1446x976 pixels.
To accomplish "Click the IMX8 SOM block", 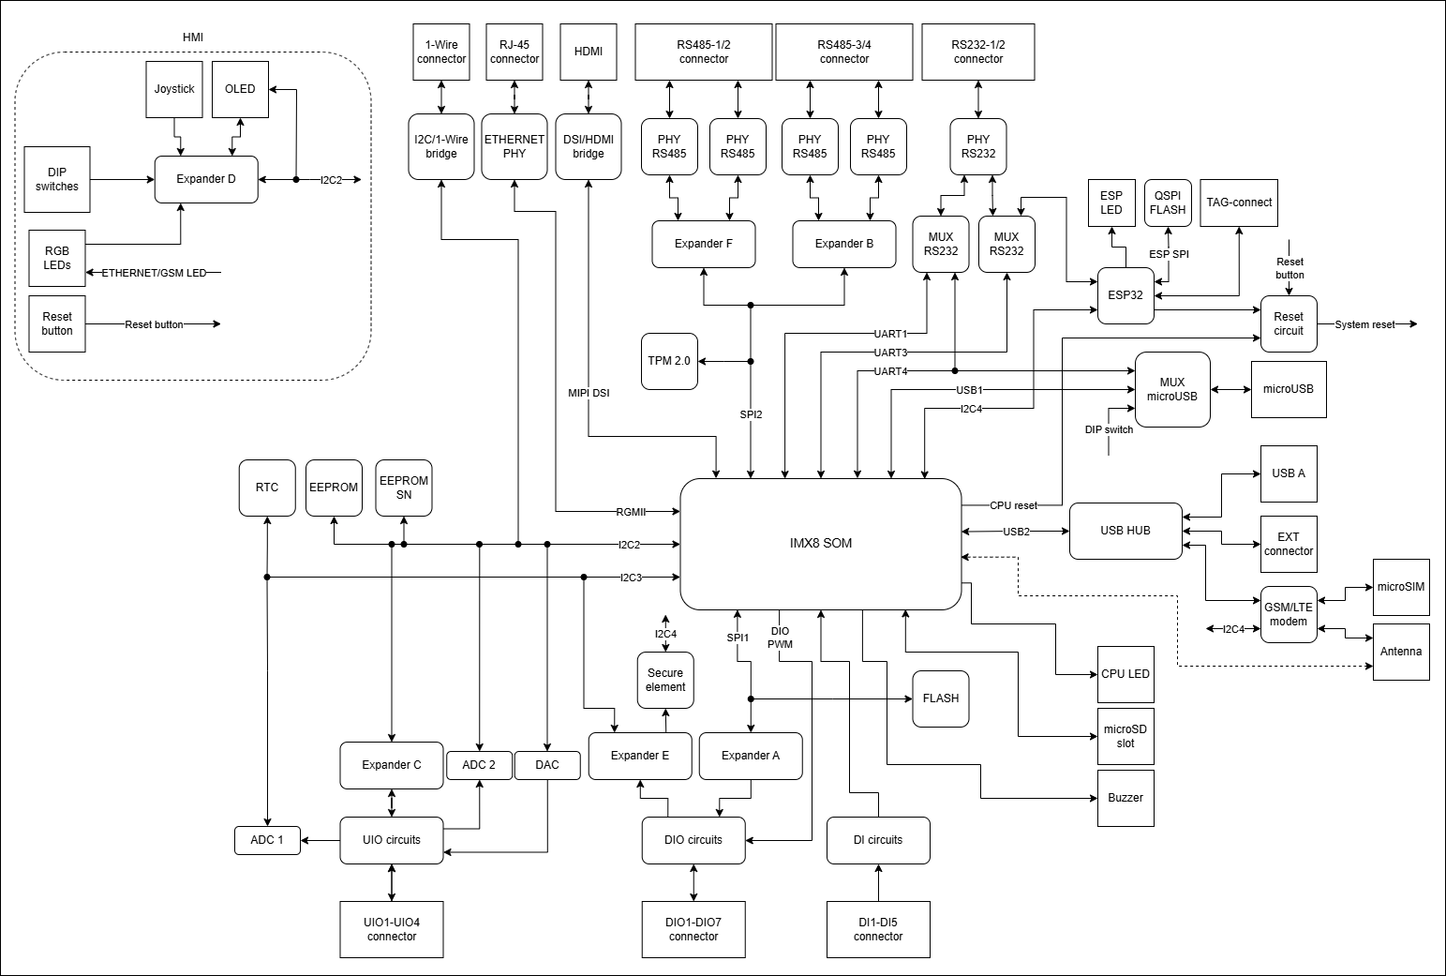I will (x=820, y=543).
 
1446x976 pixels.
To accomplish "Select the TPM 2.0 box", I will (x=670, y=361).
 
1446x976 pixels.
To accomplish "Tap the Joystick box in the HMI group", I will (x=174, y=89).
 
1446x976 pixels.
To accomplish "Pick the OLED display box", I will (x=240, y=89).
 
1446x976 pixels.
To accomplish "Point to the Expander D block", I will (x=206, y=179).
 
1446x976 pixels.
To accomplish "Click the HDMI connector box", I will (x=588, y=52).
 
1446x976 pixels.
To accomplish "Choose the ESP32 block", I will (x=1125, y=295).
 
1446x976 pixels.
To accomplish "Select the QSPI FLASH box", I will (x=1168, y=203).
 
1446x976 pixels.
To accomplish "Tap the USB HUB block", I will (x=1125, y=531).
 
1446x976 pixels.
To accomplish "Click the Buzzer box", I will (x=1125, y=798).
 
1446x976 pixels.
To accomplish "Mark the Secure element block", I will (x=665, y=680).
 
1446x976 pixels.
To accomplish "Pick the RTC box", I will (x=267, y=488).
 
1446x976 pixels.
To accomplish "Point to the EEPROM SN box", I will (x=404, y=488).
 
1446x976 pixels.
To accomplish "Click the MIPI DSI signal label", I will (x=589, y=393).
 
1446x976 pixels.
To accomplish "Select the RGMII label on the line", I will (x=631, y=512).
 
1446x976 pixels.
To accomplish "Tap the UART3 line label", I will (x=890, y=353).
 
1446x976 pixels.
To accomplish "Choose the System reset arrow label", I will (x=1364, y=324).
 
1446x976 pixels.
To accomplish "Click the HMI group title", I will (x=192, y=38).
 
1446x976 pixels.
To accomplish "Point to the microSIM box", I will (x=1401, y=587).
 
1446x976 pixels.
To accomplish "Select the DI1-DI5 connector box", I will (x=878, y=929).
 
